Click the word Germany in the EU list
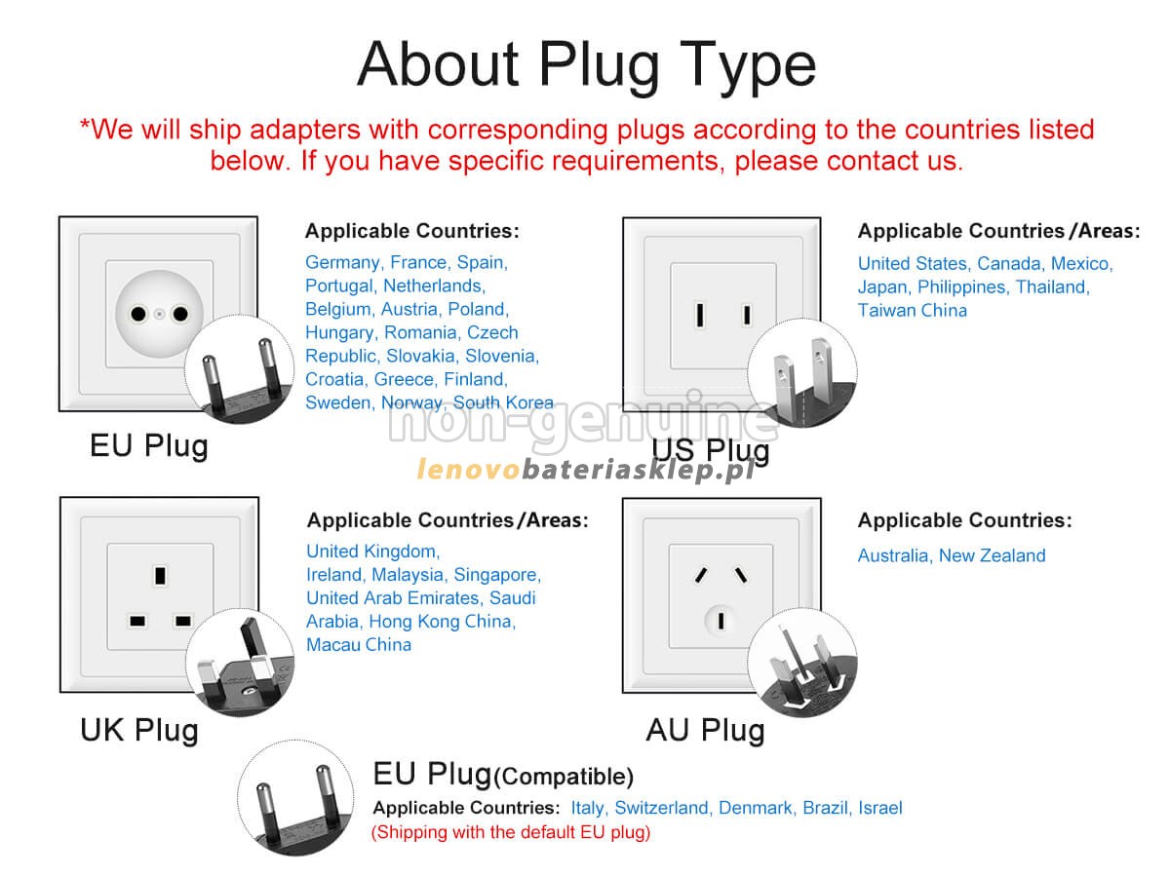pyautogui.click(x=342, y=261)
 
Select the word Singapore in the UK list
pyautogui.click(x=495, y=574)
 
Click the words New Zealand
pyautogui.click(x=991, y=554)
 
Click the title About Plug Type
pyautogui.click(x=585, y=64)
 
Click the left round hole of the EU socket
pyautogui.click(x=138, y=313)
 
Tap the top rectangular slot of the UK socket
pyautogui.click(x=160, y=575)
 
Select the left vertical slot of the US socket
pyautogui.click(x=699, y=314)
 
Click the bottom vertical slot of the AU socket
pyautogui.click(x=721, y=620)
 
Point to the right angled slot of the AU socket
pyautogui.click(x=740, y=574)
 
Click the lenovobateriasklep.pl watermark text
pyautogui.click(x=584, y=469)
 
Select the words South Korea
pyautogui.click(x=502, y=401)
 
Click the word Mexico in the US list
pyautogui.click(x=1080, y=263)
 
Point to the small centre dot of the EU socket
pyautogui.click(x=159, y=314)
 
